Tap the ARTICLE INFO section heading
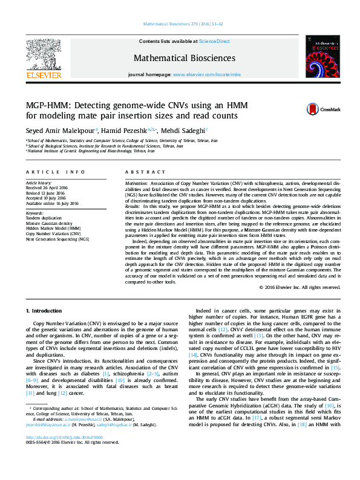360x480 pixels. [55, 172]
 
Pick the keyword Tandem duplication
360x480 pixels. [44, 218]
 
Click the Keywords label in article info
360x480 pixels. [34, 213]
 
